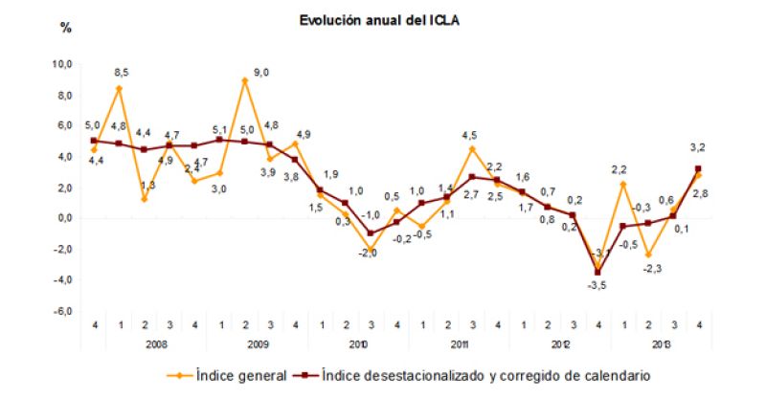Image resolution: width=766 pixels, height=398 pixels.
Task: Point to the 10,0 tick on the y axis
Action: click(61, 64)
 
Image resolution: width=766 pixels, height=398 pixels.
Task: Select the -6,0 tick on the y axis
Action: click(61, 311)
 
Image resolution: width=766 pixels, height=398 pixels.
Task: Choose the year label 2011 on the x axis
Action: click(458, 343)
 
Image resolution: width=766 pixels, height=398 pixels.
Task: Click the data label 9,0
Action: click(261, 72)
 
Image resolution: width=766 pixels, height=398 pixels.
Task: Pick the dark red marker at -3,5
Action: click(598, 272)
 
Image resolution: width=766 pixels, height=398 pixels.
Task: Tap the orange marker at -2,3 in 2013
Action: click(649, 254)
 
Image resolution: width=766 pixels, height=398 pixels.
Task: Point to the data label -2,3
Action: click(651, 270)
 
